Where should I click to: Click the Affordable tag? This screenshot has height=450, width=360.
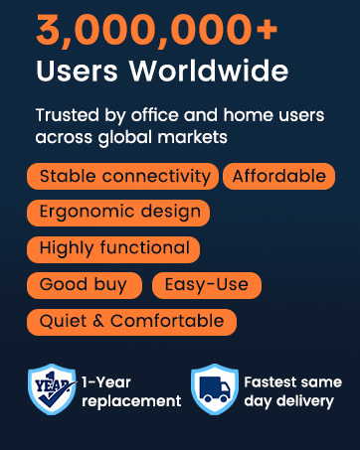coord(278,177)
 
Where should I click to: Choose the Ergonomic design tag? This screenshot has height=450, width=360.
coord(119,212)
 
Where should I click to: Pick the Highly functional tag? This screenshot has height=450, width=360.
coord(113,248)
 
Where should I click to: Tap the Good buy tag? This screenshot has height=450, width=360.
coord(84,285)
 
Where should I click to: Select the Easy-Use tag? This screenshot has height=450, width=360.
coord(207,285)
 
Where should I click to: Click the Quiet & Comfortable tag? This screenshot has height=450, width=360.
coord(131,322)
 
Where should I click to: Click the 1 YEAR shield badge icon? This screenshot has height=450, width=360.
coord(52,389)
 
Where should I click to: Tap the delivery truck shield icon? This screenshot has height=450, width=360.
coord(214,389)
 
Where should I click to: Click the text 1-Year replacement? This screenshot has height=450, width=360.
coord(131,391)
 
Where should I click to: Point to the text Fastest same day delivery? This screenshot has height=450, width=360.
coord(292,391)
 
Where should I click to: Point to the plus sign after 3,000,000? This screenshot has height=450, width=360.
coord(266,32)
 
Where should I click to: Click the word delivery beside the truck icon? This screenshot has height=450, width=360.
coord(308,401)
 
